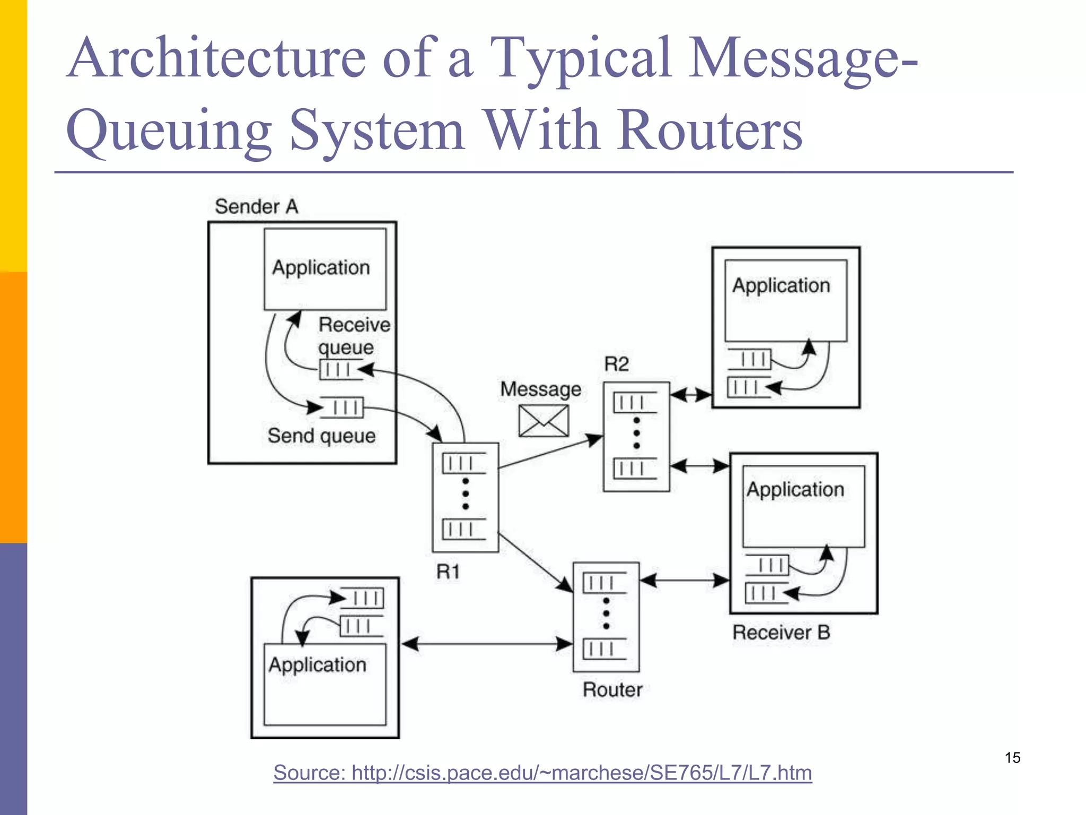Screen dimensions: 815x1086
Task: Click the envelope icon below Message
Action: click(x=544, y=421)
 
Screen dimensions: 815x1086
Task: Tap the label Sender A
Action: click(x=256, y=206)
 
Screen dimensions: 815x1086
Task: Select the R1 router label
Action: click(x=448, y=571)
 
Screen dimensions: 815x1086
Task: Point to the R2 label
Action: click(x=616, y=364)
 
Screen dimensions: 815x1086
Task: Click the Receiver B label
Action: click(x=781, y=632)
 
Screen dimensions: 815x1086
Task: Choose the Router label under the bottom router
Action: click(x=612, y=690)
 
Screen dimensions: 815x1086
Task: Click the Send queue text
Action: click(x=321, y=436)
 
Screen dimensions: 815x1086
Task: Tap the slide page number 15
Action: click(x=1012, y=758)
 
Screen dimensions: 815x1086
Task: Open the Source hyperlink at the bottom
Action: click(x=542, y=773)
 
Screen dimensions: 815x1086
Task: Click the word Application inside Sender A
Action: click(x=321, y=267)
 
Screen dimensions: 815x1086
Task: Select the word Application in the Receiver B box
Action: click(x=795, y=489)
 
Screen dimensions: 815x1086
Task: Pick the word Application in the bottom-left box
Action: click(x=317, y=665)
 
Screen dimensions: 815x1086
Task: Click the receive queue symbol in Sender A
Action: click(x=336, y=369)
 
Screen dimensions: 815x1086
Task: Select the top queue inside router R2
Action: click(x=634, y=403)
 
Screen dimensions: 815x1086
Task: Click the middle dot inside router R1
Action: click(x=466, y=494)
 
